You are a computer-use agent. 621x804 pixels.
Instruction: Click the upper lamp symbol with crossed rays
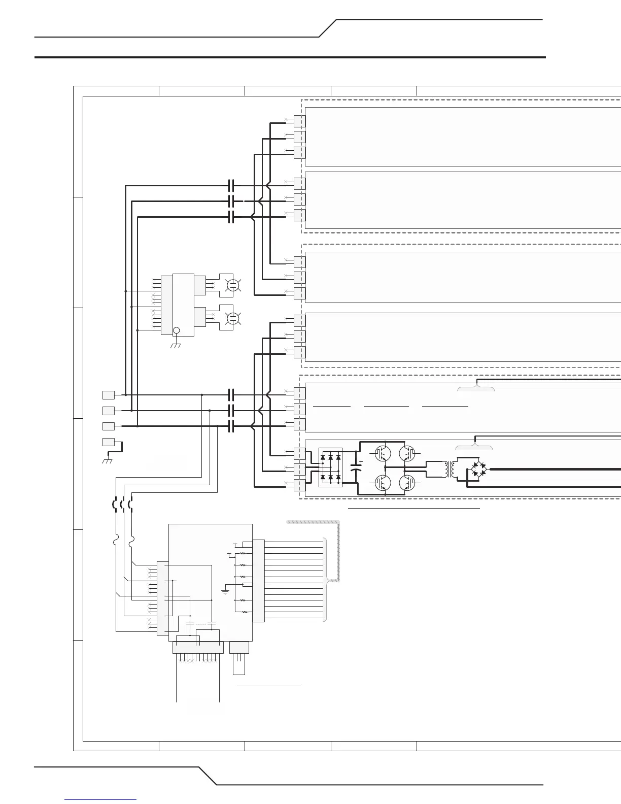pos(233,285)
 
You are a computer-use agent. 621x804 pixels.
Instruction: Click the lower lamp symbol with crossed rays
pos(233,318)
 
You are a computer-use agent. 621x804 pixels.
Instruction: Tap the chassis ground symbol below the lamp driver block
pos(177,346)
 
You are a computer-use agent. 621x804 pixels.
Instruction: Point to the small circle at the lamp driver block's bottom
pos(177,331)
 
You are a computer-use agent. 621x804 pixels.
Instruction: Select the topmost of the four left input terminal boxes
pos(109,394)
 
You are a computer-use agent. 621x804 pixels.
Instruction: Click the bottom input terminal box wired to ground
pos(109,442)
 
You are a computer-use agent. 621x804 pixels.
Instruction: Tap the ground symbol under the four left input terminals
pos(107,460)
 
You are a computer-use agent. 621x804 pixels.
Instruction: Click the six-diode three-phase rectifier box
pos(330,467)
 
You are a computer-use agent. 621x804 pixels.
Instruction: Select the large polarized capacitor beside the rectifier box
pos(355,467)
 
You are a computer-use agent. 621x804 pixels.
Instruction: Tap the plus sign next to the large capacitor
pos(361,461)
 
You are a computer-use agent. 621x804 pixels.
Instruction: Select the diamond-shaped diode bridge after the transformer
pos(477,470)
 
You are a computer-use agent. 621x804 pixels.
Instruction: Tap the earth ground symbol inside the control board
pos(225,591)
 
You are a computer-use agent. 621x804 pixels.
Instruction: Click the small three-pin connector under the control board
pos(239,648)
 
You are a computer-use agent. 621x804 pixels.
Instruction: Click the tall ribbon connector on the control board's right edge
pos(258,580)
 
